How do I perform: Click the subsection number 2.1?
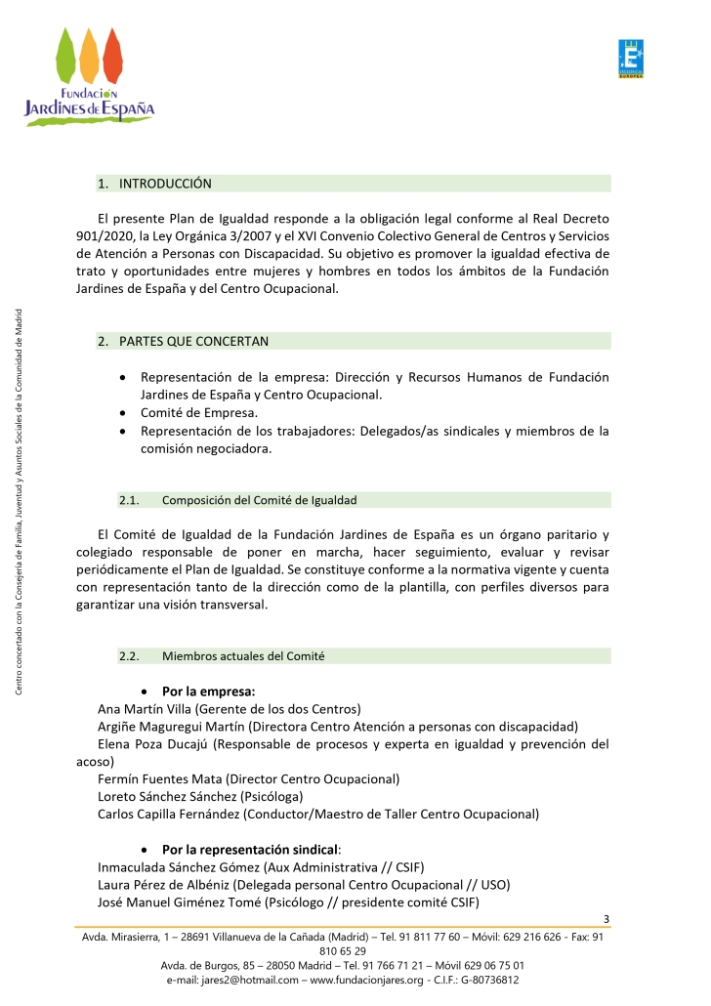130,500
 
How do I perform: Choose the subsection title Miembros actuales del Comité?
243,655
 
